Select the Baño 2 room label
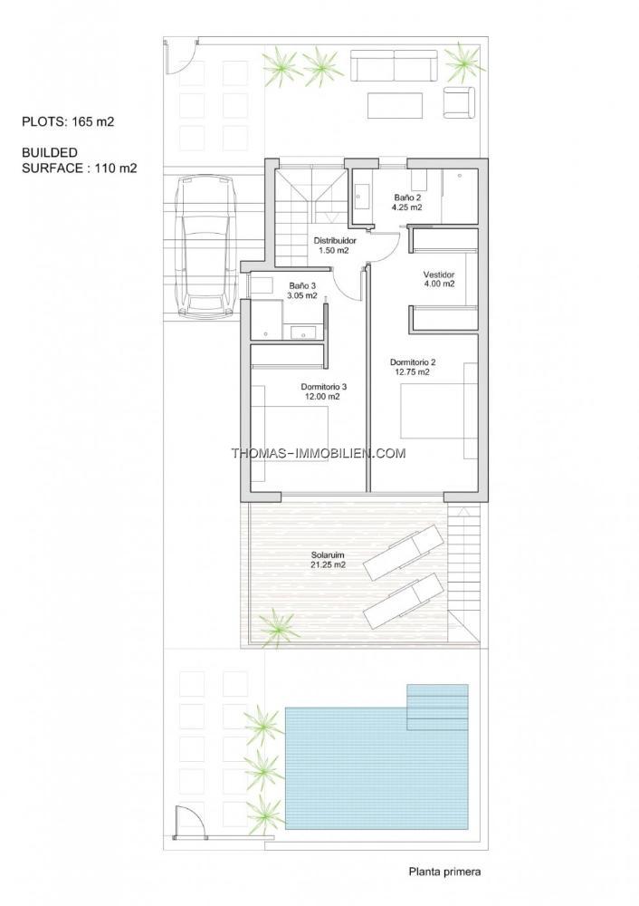coord(407,202)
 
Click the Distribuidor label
coord(335,246)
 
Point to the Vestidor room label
coord(439,279)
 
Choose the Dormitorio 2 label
coord(413,367)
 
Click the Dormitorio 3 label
coord(323,391)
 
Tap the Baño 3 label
coord(303,291)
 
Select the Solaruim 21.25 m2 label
coord(328,560)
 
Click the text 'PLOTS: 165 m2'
coord(68,121)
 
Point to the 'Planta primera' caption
coord(444,872)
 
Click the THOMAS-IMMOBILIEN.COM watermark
coord(319,454)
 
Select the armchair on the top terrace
coord(459,103)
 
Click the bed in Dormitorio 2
coord(439,410)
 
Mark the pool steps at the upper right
coord(437,708)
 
